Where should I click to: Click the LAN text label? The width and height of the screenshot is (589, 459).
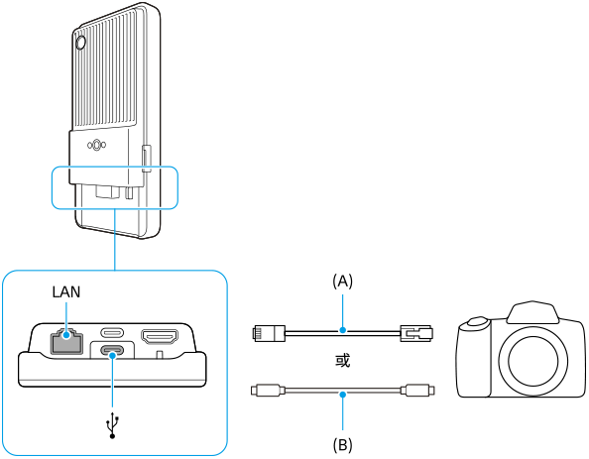coord(66,291)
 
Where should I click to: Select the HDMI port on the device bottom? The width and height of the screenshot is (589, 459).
coord(160,336)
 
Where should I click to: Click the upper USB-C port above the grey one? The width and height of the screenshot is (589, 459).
coord(112,332)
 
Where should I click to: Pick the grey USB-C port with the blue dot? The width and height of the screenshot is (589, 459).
coord(112,351)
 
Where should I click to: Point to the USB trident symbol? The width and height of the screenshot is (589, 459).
coord(112,424)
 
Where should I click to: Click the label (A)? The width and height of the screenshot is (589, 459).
coord(342,281)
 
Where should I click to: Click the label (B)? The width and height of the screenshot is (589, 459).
coord(342,445)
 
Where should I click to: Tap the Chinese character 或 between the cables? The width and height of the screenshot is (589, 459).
coord(342,361)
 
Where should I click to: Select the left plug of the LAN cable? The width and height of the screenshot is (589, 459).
coord(269,333)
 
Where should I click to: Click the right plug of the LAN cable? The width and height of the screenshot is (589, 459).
coord(416,333)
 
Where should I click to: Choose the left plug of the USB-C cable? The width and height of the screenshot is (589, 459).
coord(268,391)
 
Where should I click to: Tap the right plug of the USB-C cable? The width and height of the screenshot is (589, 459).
coord(418,391)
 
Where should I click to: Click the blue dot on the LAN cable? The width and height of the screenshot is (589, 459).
coord(342,330)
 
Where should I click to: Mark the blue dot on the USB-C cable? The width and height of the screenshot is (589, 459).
coord(342,395)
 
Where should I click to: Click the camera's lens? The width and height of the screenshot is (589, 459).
coord(532,360)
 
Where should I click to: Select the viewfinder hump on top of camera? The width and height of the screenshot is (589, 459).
coord(532,311)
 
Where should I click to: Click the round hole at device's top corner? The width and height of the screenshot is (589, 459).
coord(80,43)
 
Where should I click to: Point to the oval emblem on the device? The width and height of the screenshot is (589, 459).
coord(96,146)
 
